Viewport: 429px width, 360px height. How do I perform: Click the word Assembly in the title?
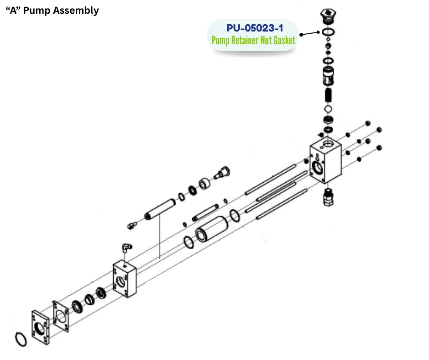76,11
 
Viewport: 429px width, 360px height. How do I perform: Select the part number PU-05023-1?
255,28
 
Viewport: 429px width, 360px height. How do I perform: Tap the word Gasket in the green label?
284,41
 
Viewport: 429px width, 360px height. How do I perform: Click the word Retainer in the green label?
244,41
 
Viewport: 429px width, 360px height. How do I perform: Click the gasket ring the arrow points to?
328,32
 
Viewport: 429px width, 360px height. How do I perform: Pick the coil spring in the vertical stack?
328,95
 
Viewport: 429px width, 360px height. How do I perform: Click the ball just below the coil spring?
328,110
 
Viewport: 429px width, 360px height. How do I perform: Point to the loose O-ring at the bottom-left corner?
21,339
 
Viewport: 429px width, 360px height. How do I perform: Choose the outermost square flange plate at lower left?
40,327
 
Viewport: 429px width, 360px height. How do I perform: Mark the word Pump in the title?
37,11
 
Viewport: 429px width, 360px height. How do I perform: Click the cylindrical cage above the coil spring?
328,75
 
